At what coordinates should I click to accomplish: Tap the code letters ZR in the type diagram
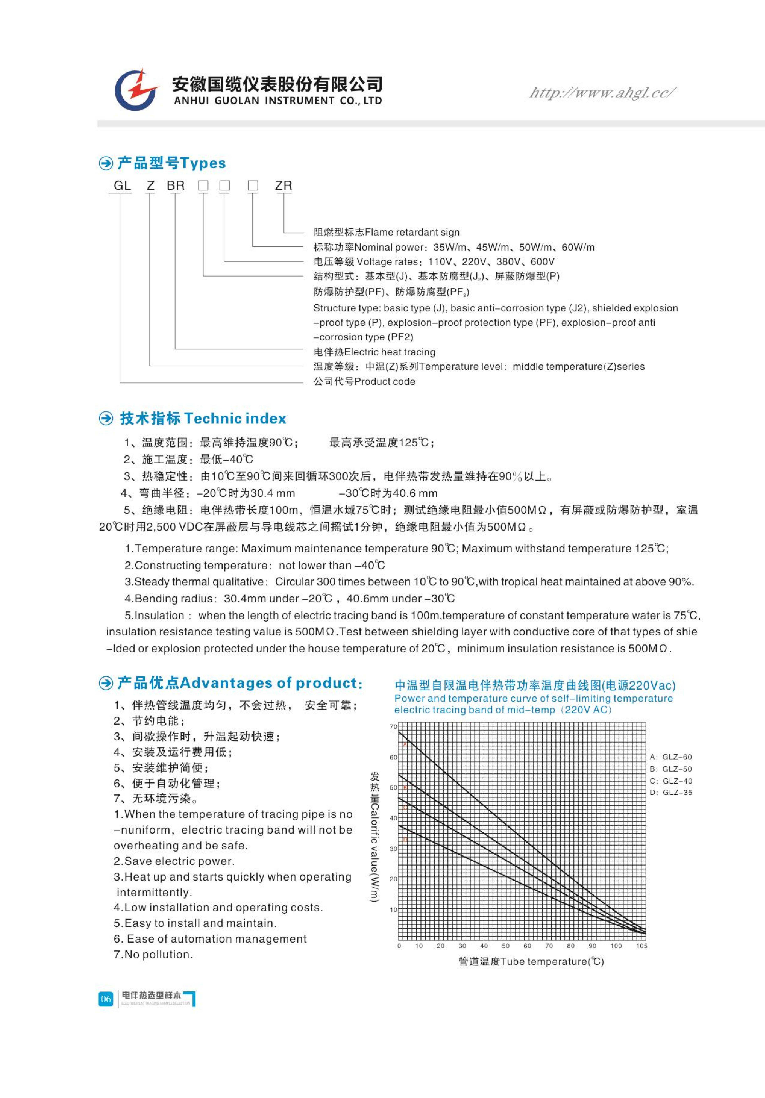[x=283, y=186]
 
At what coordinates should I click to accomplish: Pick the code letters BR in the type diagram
[x=176, y=186]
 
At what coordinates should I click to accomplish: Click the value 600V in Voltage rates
[x=542, y=262]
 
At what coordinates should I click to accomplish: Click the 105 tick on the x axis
[x=642, y=946]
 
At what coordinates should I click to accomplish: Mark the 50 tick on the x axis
[x=506, y=946]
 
